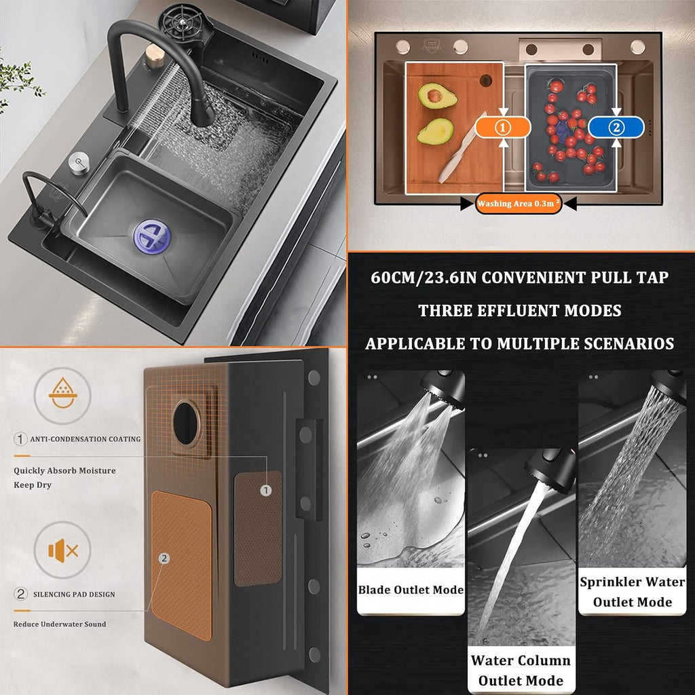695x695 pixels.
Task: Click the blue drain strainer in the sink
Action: (x=152, y=237)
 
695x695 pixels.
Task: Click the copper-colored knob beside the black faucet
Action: (x=155, y=56)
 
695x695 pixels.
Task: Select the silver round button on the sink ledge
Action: (x=79, y=163)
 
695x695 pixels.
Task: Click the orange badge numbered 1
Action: (x=503, y=128)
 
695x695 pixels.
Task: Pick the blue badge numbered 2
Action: (x=616, y=128)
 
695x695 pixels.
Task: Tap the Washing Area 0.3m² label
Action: (x=518, y=204)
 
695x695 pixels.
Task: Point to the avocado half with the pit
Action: (x=437, y=95)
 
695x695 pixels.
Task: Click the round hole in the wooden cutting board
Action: (x=485, y=80)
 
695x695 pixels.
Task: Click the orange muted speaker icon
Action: (x=63, y=550)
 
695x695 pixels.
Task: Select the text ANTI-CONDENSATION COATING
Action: (x=85, y=439)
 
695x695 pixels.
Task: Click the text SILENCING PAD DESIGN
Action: (x=74, y=595)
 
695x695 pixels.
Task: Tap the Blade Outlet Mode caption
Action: (x=411, y=590)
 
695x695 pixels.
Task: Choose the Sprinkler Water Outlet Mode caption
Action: (x=632, y=592)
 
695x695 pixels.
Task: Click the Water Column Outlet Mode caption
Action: (x=521, y=670)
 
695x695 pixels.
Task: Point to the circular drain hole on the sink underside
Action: (x=187, y=424)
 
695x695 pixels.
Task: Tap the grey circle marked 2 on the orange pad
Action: (x=164, y=559)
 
